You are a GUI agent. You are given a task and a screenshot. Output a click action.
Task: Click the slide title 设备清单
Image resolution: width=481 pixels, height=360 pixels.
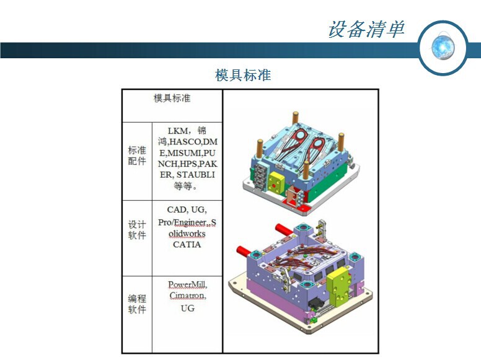pyautogui.click(x=366, y=30)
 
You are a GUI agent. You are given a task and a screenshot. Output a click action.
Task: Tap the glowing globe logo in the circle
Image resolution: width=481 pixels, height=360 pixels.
pyautogui.click(x=443, y=47)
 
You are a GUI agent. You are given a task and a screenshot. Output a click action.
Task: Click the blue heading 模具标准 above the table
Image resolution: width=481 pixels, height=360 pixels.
pyautogui.click(x=243, y=75)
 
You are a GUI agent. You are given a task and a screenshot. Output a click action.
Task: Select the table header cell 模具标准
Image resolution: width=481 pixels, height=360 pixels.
pyautogui.click(x=172, y=98)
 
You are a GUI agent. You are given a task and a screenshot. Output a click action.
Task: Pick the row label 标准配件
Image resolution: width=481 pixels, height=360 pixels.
pyautogui.click(x=137, y=156)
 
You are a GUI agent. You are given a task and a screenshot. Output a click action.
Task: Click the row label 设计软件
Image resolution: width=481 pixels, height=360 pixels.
pyautogui.click(x=137, y=230)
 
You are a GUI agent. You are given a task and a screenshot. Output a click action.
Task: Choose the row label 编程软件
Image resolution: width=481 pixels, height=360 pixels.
pyautogui.click(x=137, y=304)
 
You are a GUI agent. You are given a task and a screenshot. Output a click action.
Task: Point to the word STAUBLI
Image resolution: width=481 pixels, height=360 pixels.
pyautogui.click(x=195, y=175)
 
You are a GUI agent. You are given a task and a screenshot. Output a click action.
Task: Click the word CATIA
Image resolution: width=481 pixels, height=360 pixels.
pyautogui.click(x=187, y=244)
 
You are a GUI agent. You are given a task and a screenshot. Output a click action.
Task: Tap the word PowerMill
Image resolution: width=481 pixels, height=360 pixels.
pyautogui.click(x=187, y=284)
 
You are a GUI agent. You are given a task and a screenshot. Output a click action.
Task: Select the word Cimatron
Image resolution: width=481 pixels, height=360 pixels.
pyautogui.click(x=187, y=296)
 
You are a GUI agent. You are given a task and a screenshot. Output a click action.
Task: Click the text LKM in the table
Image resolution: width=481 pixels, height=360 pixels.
pyautogui.click(x=178, y=131)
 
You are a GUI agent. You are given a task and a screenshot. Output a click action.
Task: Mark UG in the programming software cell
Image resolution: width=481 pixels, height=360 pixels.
pyautogui.click(x=187, y=308)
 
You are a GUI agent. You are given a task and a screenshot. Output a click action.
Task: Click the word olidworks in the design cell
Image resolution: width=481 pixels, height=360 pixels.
pyautogui.click(x=187, y=234)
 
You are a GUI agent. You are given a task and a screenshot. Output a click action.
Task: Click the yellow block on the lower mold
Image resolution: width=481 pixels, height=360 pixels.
pyautogui.click(x=338, y=288)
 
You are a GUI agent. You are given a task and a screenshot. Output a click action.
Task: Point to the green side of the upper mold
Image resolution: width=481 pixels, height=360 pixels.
pyautogui.click(x=327, y=184)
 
